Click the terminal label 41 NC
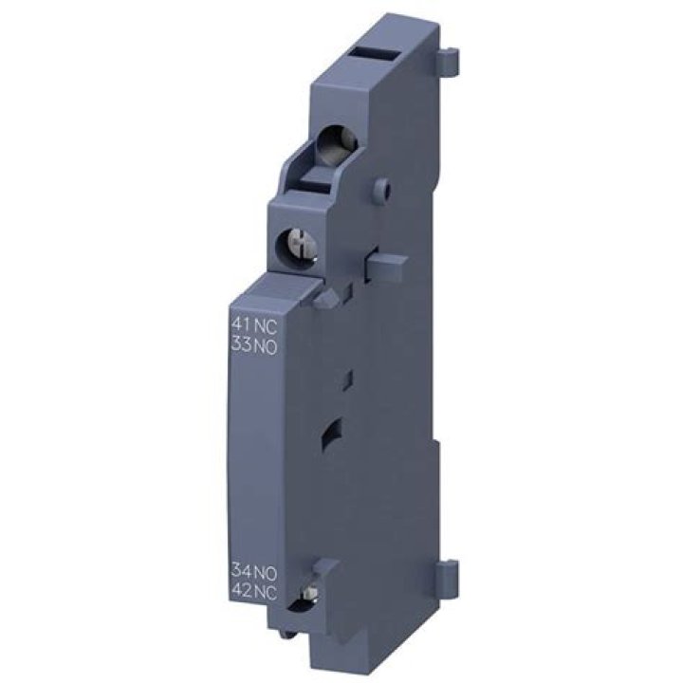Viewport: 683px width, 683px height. click(x=254, y=324)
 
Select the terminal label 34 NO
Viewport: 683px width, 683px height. click(x=254, y=571)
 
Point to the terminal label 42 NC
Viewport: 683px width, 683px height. click(x=254, y=592)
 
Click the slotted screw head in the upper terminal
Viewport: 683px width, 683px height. click(x=299, y=245)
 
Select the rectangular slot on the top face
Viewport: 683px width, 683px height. click(x=376, y=56)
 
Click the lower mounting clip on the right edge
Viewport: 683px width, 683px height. click(x=448, y=572)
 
